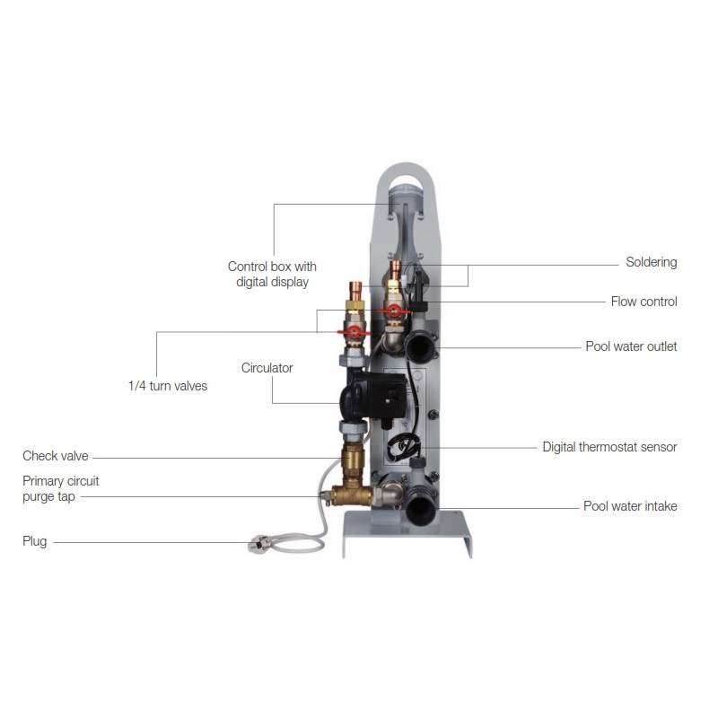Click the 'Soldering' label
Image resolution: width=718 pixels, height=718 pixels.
pos(651,262)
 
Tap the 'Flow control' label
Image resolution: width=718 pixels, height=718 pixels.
pos(644,302)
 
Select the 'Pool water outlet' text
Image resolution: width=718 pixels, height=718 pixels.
pos(631,346)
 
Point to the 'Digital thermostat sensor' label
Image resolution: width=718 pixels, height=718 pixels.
pos(609,447)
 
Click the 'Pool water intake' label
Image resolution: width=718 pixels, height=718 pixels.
pos(630,506)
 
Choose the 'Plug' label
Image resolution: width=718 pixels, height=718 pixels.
pos(34,541)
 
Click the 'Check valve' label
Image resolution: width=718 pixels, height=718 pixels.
pos(55,456)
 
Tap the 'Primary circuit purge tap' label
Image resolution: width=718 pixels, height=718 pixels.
pos(60,488)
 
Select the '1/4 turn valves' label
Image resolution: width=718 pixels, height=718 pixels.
pos(168,386)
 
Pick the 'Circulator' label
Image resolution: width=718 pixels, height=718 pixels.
pos(267,368)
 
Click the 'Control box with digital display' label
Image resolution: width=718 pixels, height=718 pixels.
pos(272,274)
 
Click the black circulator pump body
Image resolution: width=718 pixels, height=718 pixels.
pos(372,395)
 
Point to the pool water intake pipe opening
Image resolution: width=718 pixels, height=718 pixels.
pos(420,508)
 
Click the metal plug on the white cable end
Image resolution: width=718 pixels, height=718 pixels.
pos(257,543)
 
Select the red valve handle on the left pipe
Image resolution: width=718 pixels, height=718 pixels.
pos(353,332)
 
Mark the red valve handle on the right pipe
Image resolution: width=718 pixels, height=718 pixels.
pos(394,311)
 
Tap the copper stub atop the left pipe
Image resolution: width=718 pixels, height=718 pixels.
pos(355,289)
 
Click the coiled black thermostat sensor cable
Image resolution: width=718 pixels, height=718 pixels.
pos(403,446)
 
